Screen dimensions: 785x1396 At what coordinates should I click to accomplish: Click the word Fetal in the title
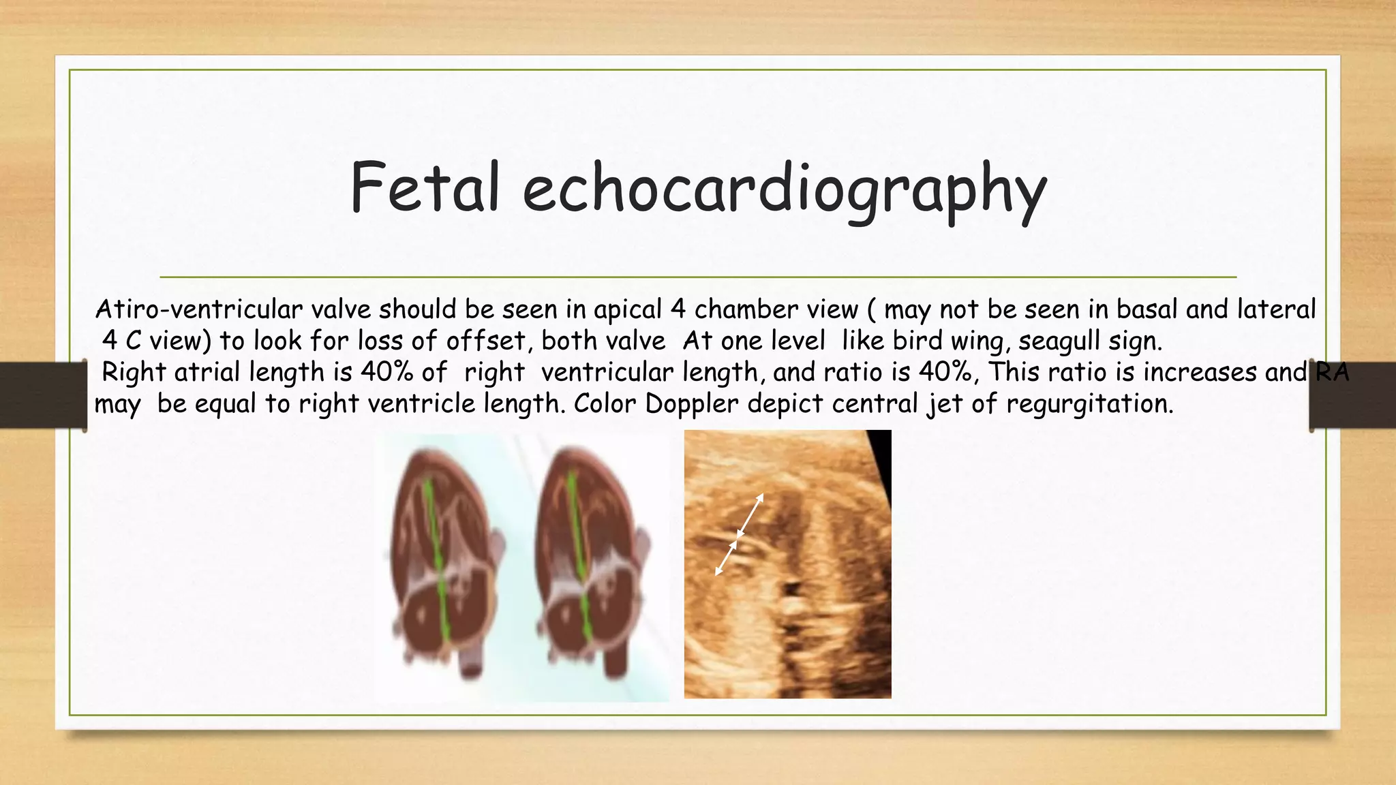[x=425, y=187]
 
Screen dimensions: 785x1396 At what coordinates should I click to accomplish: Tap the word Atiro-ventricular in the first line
[x=198, y=309]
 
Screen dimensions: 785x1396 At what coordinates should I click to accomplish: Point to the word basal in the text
[x=1147, y=309]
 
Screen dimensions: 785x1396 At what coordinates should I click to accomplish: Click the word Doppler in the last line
[x=691, y=405]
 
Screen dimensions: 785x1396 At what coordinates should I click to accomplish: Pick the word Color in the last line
[x=605, y=403]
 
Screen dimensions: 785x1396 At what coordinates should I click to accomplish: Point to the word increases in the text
[x=1200, y=372]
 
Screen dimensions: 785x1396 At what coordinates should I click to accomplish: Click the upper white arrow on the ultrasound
[x=750, y=515]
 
